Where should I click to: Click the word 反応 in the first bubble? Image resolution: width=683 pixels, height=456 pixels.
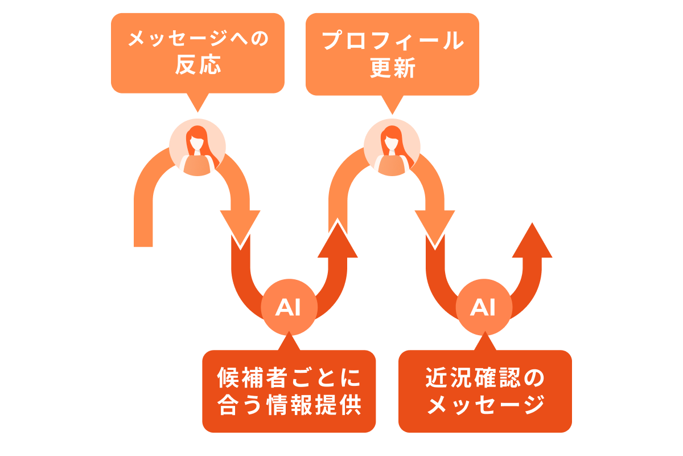(x=198, y=67)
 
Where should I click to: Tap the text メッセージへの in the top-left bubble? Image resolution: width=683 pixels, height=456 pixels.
(x=198, y=40)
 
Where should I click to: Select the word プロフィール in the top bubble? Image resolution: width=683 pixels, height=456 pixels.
(x=392, y=40)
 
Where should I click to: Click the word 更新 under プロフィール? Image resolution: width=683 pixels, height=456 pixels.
(x=392, y=68)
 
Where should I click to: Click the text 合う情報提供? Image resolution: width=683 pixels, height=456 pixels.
(x=289, y=406)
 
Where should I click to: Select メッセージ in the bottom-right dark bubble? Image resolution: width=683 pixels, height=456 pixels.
(x=485, y=406)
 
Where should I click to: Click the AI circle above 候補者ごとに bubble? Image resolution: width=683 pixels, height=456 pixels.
(x=289, y=308)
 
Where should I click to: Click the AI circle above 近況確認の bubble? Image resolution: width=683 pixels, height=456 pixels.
(x=484, y=308)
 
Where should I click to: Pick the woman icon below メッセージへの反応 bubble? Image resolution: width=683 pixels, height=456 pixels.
(x=198, y=146)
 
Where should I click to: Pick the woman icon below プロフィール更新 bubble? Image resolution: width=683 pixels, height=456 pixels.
(x=392, y=146)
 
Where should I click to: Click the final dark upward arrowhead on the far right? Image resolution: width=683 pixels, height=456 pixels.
(x=532, y=242)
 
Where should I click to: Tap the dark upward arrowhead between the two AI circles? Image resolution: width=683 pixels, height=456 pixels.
(x=338, y=242)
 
